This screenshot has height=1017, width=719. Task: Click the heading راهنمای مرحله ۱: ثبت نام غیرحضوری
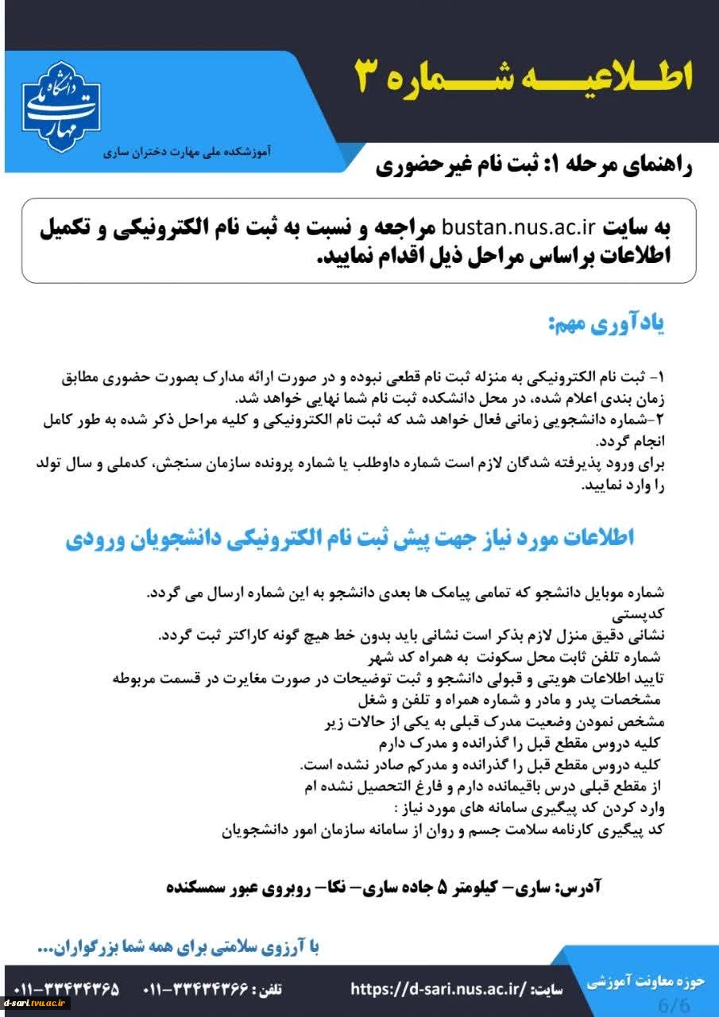click(534, 166)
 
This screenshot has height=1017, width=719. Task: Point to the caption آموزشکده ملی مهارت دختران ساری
click(187, 151)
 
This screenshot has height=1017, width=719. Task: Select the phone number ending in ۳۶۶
click(193, 990)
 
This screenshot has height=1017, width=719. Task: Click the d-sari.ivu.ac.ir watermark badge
click(37, 1003)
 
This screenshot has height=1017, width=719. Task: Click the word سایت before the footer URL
click(549, 990)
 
